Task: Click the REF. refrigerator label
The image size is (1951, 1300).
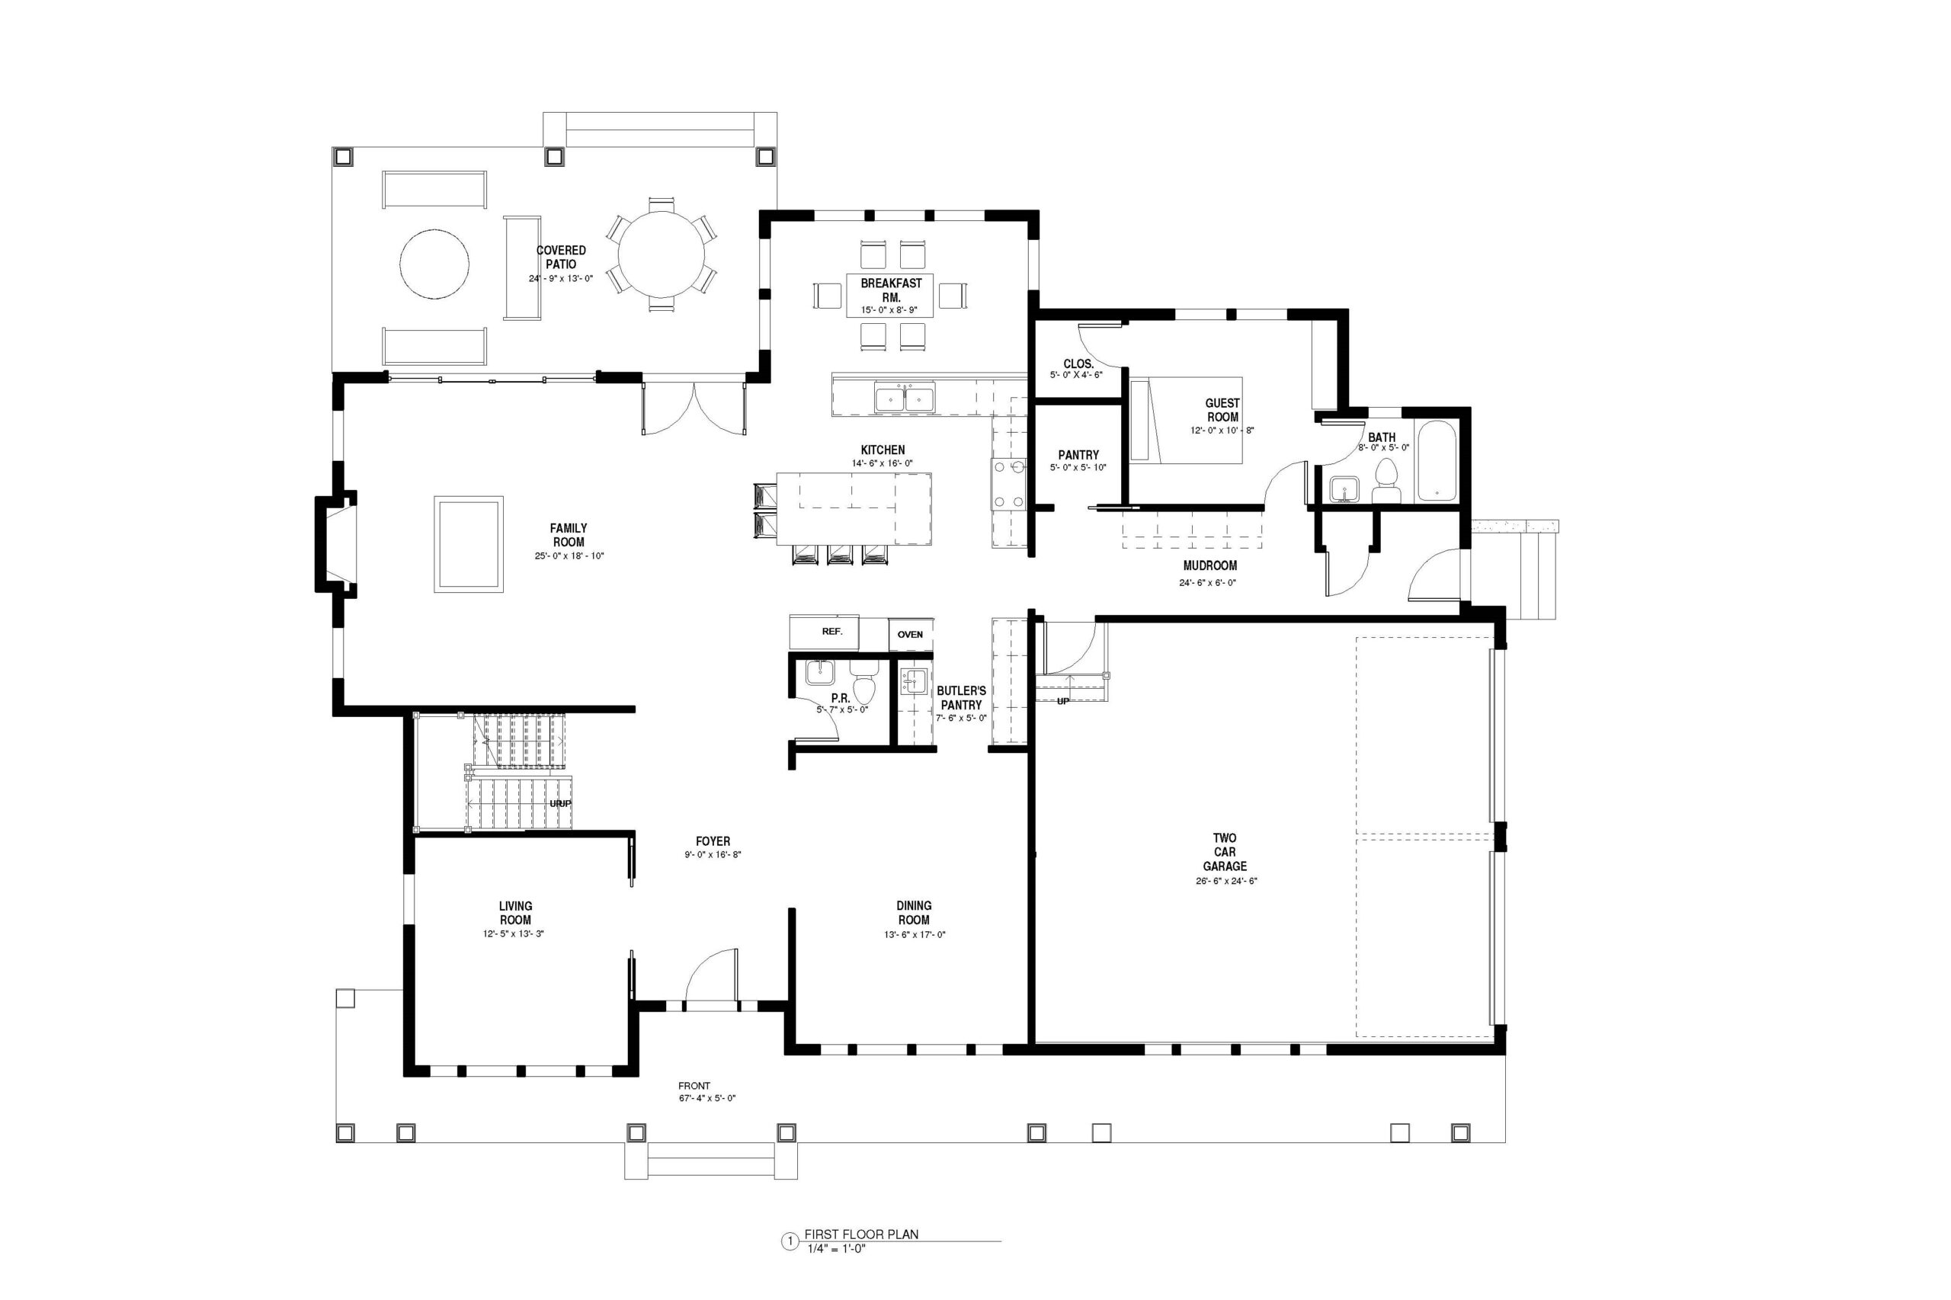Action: click(x=831, y=632)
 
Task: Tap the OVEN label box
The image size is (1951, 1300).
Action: click(x=910, y=634)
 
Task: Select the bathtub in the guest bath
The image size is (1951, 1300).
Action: click(x=1437, y=462)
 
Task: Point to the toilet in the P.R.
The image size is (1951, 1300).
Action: click(x=865, y=681)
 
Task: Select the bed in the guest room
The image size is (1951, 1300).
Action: click(x=1186, y=421)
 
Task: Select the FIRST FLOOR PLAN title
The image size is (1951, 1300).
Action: click(x=861, y=1257)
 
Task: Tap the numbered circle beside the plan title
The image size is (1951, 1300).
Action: click(x=790, y=1265)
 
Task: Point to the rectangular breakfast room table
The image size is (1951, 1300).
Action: click(x=889, y=295)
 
